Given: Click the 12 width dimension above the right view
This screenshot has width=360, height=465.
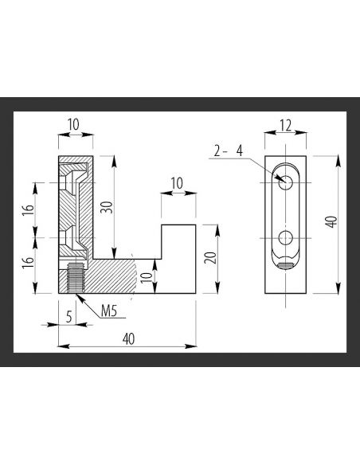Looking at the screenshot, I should point(285,127).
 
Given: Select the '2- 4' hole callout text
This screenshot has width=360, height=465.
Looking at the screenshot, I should point(229,150).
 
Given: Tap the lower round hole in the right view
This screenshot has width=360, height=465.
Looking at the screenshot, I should point(285,238).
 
